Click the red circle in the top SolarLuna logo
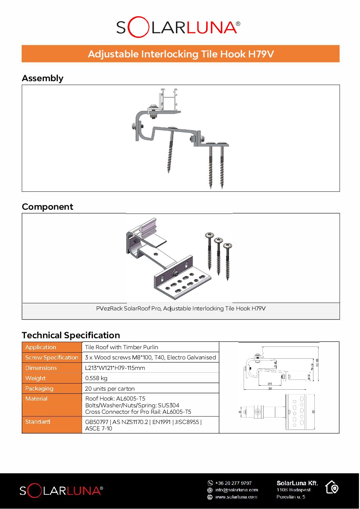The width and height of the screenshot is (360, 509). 138,27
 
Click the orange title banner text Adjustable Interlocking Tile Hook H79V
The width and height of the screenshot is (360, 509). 181,54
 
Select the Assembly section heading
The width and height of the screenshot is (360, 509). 43,78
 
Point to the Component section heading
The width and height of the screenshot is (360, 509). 47,207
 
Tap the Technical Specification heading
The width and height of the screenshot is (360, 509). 71,335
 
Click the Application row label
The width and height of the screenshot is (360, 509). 40,347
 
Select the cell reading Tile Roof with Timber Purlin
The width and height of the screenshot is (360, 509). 121,347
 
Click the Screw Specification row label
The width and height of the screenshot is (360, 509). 52,357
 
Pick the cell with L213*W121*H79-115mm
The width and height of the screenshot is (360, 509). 115,368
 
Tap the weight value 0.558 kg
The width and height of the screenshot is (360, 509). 96,378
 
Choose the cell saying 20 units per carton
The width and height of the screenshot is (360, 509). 110,389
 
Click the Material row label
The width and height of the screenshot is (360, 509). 36,398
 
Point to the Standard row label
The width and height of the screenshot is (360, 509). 38,422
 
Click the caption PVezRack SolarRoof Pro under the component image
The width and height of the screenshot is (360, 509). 181,308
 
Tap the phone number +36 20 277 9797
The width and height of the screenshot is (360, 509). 233,483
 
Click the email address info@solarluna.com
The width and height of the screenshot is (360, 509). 236,490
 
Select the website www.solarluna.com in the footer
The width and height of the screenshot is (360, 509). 236,497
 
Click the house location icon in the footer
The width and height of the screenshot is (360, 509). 332,487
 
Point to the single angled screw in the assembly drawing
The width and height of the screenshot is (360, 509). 170,151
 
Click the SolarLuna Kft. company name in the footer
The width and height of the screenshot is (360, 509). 297,483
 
